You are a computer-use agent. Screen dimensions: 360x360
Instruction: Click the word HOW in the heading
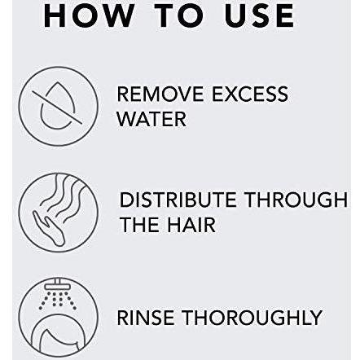click(x=89, y=15)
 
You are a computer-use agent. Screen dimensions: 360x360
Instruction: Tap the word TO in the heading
click(x=179, y=15)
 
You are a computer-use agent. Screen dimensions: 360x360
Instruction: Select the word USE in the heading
click(x=259, y=15)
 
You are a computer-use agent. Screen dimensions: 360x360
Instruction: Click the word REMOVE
click(x=160, y=94)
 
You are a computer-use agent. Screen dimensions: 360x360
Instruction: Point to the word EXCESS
click(x=250, y=94)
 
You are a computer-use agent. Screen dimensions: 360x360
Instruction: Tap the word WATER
click(x=151, y=119)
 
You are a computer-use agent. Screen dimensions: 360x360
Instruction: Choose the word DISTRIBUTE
click(x=178, y=200)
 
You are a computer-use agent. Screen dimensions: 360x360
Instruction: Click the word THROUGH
click(x=296, y=200)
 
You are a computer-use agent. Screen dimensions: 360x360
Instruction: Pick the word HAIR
click(x=191, y=225)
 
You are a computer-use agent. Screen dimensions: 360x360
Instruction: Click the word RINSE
click(x=145, y=318)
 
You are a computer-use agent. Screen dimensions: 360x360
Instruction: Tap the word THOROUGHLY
click(x=252, y=318)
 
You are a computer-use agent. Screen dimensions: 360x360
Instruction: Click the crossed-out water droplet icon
click(x=58, y=106)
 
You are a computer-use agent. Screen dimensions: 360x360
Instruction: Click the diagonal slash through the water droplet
click(x=57, y=108)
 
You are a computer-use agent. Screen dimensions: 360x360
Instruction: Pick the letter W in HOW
click(x=116, y=15)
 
